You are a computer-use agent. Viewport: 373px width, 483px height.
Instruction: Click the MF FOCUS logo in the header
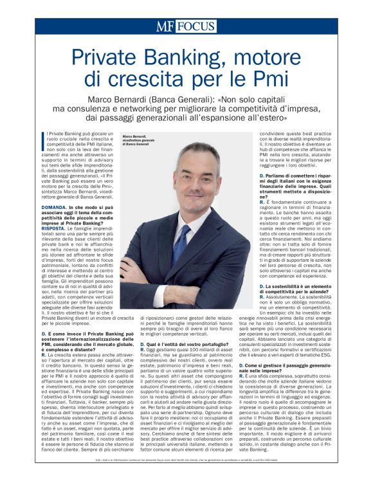coord(186,26)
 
